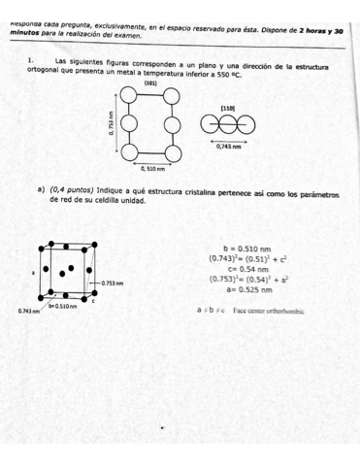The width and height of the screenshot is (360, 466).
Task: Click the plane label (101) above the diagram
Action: tap(150, 84)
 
